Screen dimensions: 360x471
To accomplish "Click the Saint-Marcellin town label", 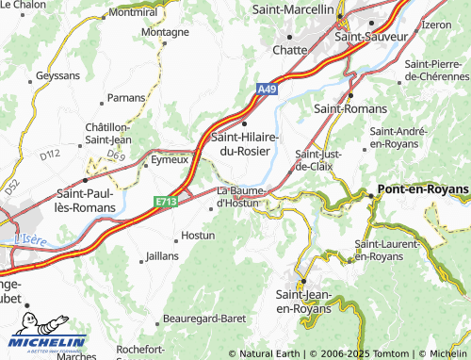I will (x=294, y=8).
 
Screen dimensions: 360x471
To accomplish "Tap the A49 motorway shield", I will (x=269, y=90).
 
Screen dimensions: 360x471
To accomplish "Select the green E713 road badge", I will (x=167, y=201).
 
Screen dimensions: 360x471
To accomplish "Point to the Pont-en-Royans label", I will (x=422, y=189).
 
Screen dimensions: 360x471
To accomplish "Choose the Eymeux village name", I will (x=171, y=160).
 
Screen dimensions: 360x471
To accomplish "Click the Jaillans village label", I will (x=161, y=256).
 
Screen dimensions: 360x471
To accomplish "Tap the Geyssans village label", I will (x=57, y=74).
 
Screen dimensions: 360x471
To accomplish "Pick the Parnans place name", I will (x=126, y=97).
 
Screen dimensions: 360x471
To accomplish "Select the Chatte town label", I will (x=289, y=50).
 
